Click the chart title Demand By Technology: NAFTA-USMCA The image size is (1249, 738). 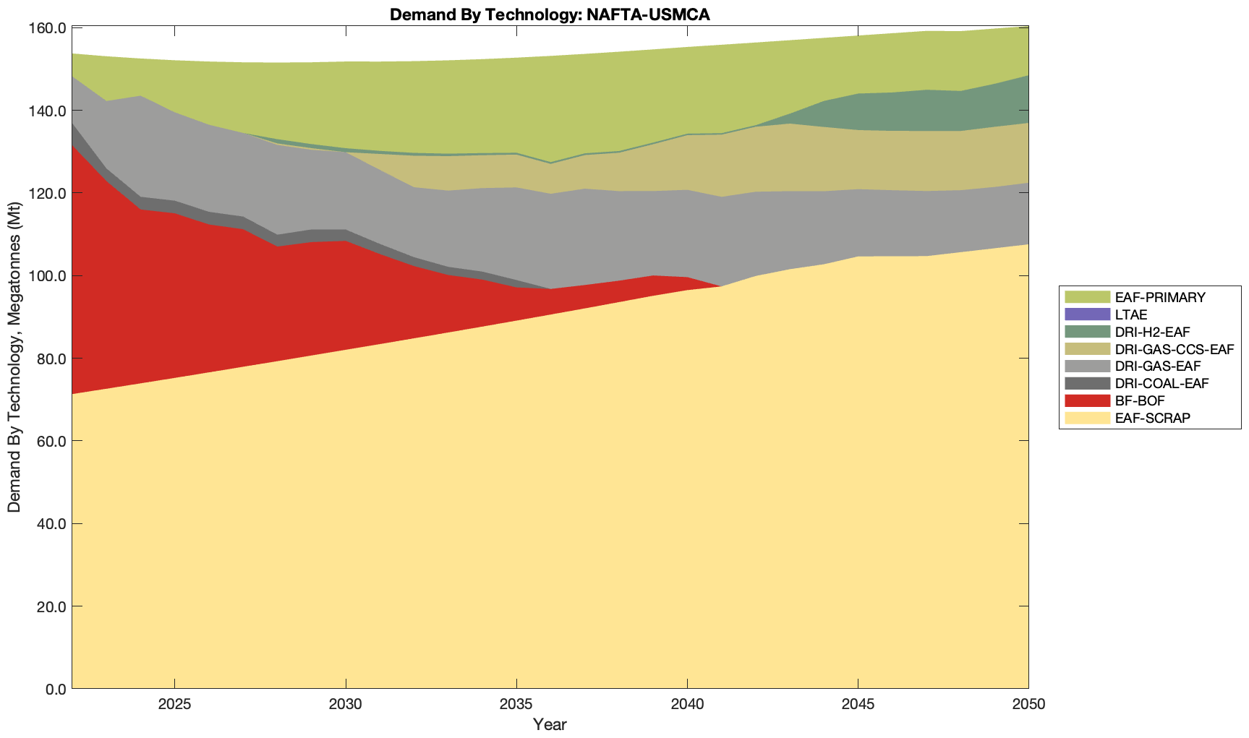tap(550, 14)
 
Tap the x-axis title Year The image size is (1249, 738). tap(550, 724)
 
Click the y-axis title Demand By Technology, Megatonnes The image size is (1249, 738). tap(14, 358)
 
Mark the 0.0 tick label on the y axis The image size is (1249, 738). tap(54, 689)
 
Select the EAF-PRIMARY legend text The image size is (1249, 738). tap(1160, 297)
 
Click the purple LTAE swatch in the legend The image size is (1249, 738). tap(1087, 314)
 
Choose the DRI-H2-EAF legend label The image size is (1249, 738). tap(1152, 332)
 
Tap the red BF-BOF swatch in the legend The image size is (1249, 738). tap(1087, 400)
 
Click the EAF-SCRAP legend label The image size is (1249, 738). tap(1152, 418)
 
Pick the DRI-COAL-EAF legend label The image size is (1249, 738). tap(1161, 383)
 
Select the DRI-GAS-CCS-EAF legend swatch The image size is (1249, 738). tap(1087, 349)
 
